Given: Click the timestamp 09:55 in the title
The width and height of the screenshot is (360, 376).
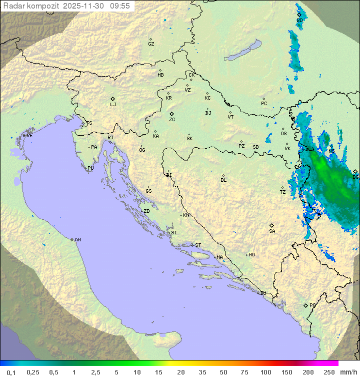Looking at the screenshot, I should pos(120,6).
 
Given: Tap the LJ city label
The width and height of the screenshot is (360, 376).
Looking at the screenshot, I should pos(113,105).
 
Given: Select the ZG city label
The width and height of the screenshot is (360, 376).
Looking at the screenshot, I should pos(172,120).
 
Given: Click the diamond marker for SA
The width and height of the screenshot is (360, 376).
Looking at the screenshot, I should pos(272,225).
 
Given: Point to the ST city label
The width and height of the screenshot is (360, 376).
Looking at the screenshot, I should pos(198,245).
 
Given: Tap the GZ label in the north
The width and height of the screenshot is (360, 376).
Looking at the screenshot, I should pos(151,44).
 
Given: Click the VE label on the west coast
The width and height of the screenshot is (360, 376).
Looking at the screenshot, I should pos(29,136).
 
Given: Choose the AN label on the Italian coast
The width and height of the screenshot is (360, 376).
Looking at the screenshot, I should pos(77,240).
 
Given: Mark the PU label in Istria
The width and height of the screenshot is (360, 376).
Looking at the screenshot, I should pos(90,168).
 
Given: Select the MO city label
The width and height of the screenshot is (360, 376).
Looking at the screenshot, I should pos(251,255).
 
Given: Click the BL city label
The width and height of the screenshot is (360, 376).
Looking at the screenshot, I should pos(223,180).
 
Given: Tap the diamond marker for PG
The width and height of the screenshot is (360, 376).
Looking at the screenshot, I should pos(305,305).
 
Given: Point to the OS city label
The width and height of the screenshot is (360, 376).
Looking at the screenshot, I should pos(283,134).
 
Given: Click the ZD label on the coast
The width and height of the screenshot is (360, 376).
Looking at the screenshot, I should pos(146,211).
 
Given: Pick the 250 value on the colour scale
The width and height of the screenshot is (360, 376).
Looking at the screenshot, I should pos(329,372).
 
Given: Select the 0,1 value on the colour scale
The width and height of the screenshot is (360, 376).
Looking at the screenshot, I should pos(11,372).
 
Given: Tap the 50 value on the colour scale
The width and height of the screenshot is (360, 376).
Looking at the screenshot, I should pos(222,372).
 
